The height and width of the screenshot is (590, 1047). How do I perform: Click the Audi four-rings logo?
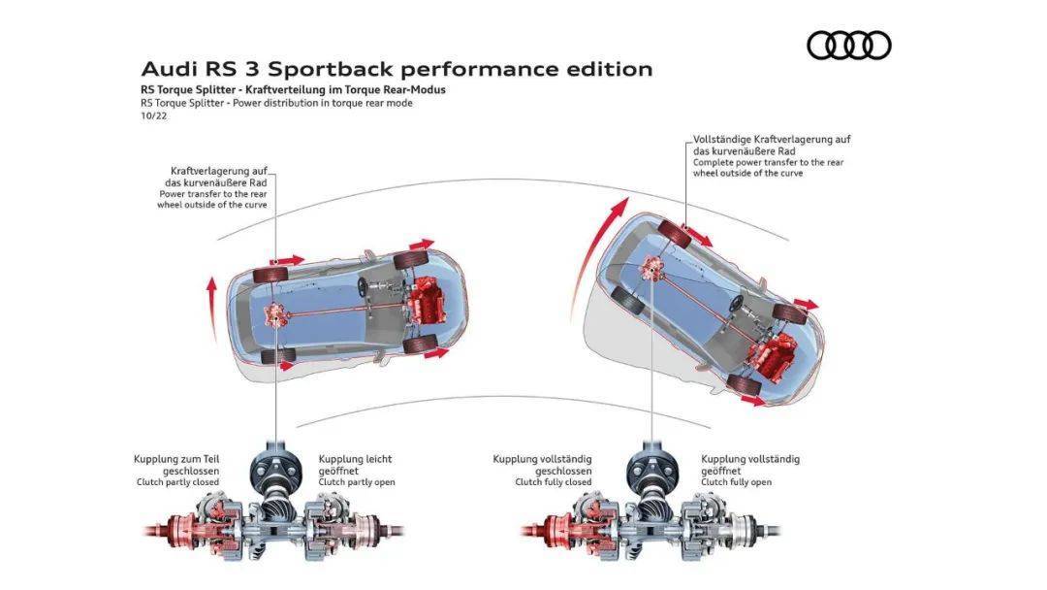848,45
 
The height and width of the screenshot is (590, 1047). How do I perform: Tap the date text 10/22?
154,115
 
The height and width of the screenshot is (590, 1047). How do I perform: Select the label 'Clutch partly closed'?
177,482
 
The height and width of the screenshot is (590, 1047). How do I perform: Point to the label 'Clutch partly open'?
357,482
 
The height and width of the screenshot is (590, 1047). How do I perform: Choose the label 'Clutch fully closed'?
553,482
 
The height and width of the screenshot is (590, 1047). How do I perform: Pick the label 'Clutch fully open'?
736,482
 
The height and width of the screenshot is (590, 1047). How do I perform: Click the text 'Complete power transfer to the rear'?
768,162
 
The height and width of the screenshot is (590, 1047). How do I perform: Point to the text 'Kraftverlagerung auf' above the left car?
218,171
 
